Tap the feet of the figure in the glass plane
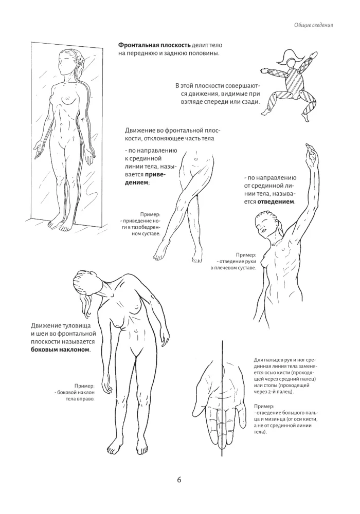point(58,224)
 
